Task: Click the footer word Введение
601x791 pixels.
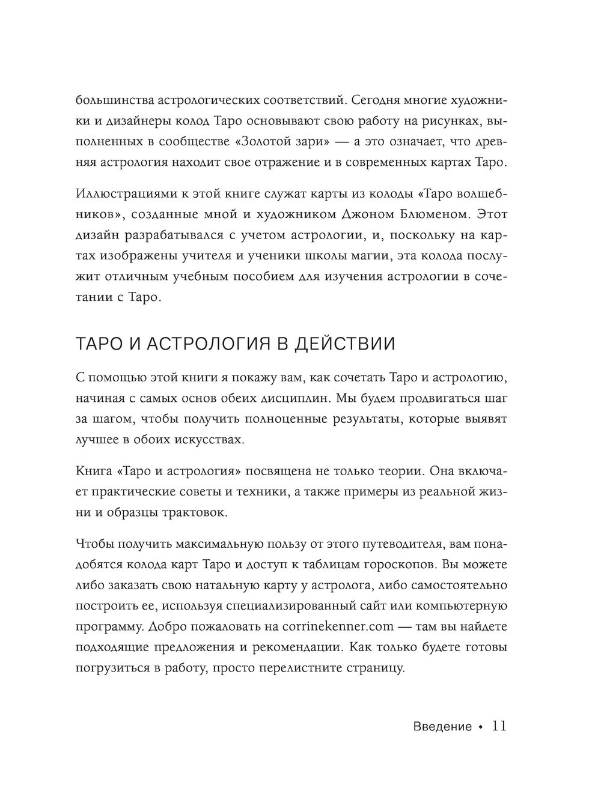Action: [443, 727]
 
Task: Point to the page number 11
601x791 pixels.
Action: [499, 726]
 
